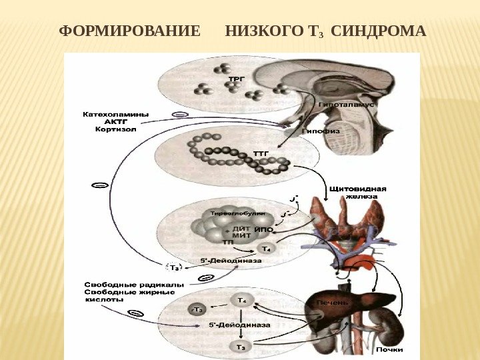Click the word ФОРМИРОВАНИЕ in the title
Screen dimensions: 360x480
point(130,31)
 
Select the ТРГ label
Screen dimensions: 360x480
point(237,79)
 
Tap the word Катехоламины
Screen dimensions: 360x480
point(115,113)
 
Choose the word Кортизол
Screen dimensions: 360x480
point(115,130)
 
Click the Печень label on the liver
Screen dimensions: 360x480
point(332,302)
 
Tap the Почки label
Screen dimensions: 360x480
point(389,349)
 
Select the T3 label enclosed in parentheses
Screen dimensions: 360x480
point(175,268)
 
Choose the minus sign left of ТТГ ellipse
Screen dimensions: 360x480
point(99,185)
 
